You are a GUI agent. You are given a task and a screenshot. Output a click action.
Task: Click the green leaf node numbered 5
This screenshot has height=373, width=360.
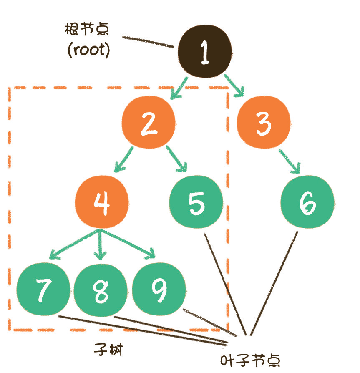(196, 202)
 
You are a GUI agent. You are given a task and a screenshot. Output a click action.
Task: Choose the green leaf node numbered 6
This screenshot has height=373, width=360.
(307, 202)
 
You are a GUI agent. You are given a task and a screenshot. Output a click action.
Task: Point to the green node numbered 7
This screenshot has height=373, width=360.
(43, 289)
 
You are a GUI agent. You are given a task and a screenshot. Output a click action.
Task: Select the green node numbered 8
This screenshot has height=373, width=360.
(101, 289)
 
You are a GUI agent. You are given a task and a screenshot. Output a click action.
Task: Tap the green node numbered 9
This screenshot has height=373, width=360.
(159, 289)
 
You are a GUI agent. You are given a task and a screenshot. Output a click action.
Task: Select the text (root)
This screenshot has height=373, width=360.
(88, 50)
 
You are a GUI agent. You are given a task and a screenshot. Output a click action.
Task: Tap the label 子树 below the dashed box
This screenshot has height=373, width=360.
(108, 350)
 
